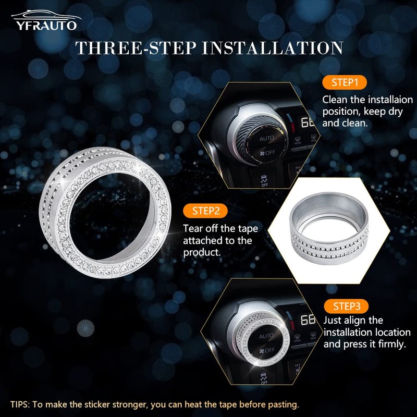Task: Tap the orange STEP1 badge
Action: tap(345, 83)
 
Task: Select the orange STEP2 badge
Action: tap(205, 211)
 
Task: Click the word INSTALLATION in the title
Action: tap(272, 48)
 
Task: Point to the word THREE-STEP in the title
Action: tap(134, 48)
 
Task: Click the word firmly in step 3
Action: tap(391, 344)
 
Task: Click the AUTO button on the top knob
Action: tap(266, 139)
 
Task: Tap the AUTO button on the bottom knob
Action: tap(266, 336)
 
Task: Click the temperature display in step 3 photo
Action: tap(308, 320)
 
